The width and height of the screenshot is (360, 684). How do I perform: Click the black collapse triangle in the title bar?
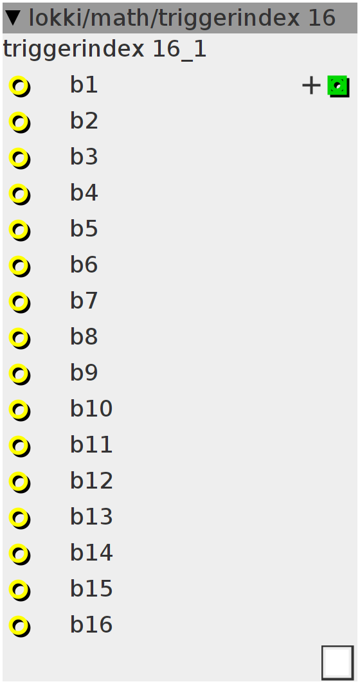[14, 18]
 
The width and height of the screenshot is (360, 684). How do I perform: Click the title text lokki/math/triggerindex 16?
[182, 18]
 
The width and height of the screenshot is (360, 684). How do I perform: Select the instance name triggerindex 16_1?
[105, 50]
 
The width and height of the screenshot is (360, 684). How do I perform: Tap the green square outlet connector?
[338, 86]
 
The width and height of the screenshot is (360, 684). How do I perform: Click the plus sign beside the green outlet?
[311, 85]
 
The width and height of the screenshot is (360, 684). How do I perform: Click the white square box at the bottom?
[337, 662]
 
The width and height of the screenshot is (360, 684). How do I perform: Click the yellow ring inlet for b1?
[19, 86]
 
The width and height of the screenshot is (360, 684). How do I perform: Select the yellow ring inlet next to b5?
[19, 230]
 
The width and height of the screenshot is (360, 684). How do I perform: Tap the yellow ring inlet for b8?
[19, 338]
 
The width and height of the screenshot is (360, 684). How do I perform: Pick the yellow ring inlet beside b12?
[19, 482]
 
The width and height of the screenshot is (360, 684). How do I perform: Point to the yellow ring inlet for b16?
[19, 626]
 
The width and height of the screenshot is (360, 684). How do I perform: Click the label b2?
[84, 121]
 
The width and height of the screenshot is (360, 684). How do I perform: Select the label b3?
[84, 157]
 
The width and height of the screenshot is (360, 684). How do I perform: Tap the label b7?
[84, 301]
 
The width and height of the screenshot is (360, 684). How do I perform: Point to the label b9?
[84, 373]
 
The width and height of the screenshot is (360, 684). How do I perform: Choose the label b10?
[92, 409]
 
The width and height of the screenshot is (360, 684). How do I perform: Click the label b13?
[92, 517]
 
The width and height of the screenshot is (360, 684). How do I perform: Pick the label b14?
[92, 553]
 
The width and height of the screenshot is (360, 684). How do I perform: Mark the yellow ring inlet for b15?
[19, 589]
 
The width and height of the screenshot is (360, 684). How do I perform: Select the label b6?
[84, 265]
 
